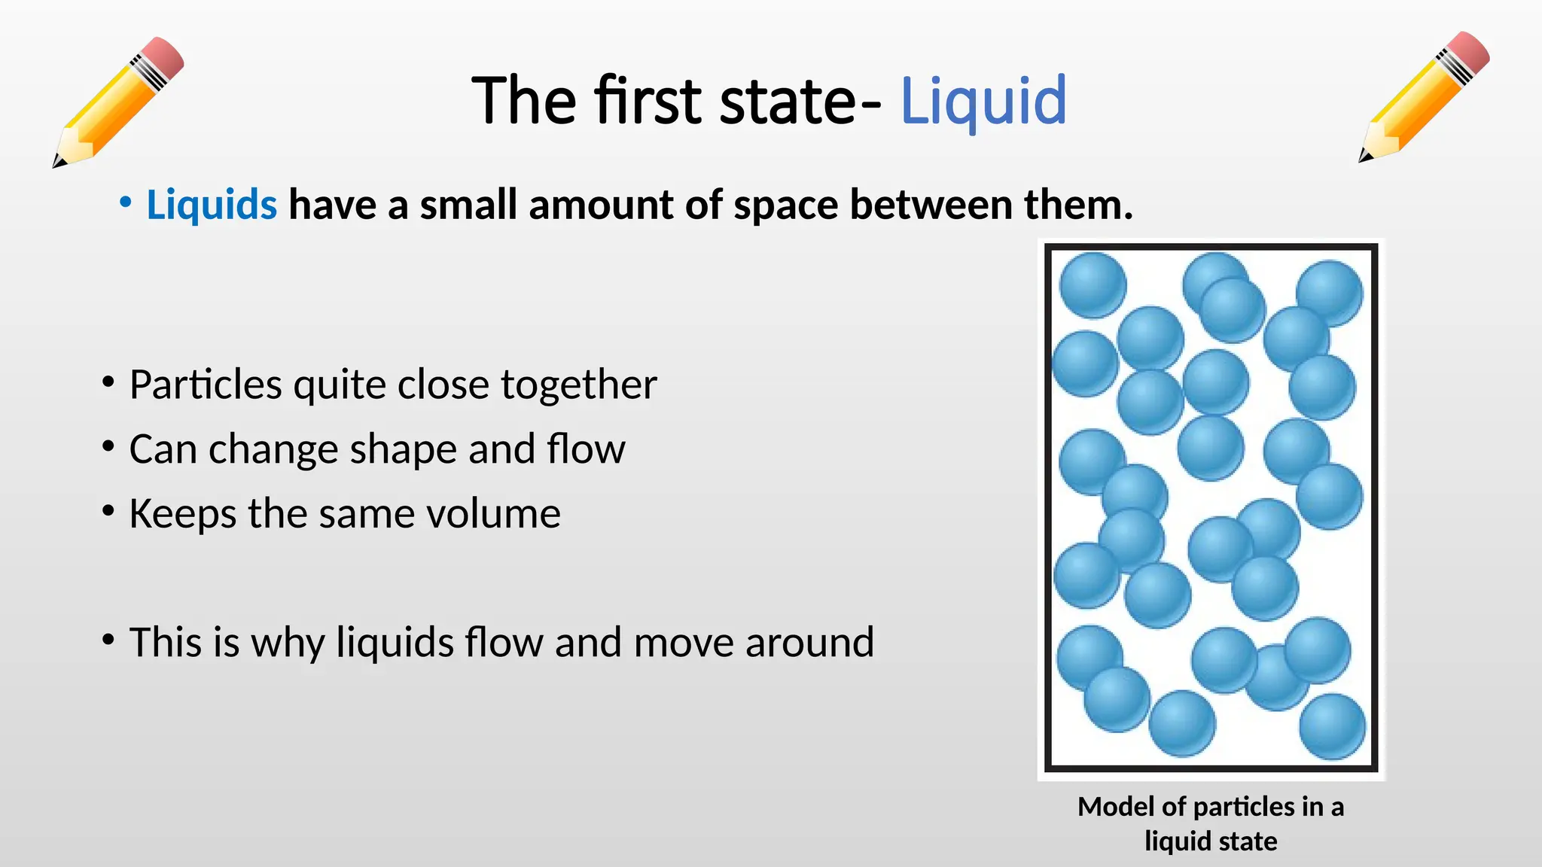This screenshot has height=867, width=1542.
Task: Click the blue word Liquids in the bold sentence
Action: [x=212, y=205]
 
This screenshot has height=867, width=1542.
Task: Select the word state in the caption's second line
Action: [x=1247, y=841]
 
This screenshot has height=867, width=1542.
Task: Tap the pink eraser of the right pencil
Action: [x=1467, y=51]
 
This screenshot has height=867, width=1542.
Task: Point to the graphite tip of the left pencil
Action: [x=56, y=162]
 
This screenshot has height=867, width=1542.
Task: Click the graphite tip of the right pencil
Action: [x=1362, y=158]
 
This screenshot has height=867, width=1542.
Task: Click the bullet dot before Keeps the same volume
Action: [x=108, y=512]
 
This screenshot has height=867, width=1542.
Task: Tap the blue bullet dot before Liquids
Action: [x=126, y=202]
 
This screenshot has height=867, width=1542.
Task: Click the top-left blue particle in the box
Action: [x=1092, y=284]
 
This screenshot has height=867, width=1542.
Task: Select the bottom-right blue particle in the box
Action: [x=1332, y=726]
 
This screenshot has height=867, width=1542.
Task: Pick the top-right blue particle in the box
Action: [x=1330, y=292]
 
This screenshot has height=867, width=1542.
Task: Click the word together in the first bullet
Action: [x=578, y=385]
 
